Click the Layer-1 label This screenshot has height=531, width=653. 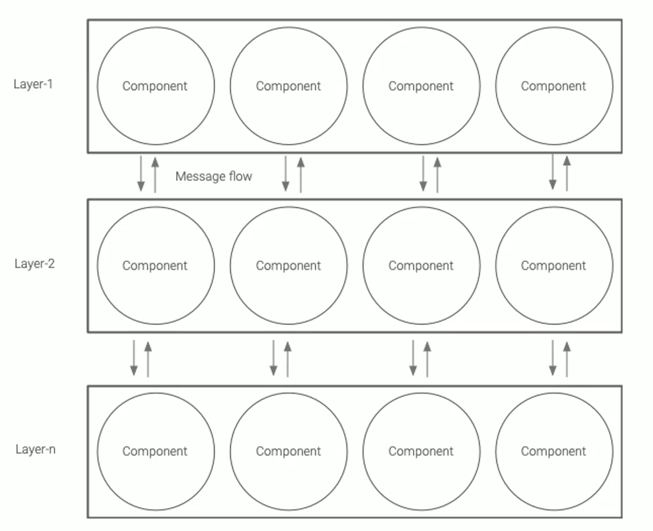click(33, 84)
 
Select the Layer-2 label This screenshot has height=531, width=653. click(34, 264)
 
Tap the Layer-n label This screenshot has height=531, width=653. click(35, 449)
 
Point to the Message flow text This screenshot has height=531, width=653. click(214, 176)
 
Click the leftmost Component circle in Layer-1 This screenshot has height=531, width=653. click(155, 86)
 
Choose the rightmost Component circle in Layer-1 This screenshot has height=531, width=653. click(554, 86)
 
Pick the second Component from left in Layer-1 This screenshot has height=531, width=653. click(288, 86)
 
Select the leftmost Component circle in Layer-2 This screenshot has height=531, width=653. click(155, 266)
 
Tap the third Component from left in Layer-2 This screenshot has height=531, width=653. click(421, 266)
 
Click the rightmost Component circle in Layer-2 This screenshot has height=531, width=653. click(554, 266)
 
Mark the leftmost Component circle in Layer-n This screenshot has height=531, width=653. click(155, 452)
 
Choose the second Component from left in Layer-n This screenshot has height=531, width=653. click(288, 452)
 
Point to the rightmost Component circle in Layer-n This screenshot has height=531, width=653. click(554, 452)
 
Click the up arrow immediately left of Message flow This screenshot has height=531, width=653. click(155, 173)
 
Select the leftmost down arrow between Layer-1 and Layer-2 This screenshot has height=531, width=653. click(141, 173)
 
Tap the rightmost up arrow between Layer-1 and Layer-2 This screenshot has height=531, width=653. click(567, 173)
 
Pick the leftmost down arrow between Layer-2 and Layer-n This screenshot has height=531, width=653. click(134, 358)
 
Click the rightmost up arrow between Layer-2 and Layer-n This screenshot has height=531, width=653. click(567, 358)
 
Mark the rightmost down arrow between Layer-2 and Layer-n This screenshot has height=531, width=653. click(553, 358)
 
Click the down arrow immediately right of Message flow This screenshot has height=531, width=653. click(286, 173)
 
